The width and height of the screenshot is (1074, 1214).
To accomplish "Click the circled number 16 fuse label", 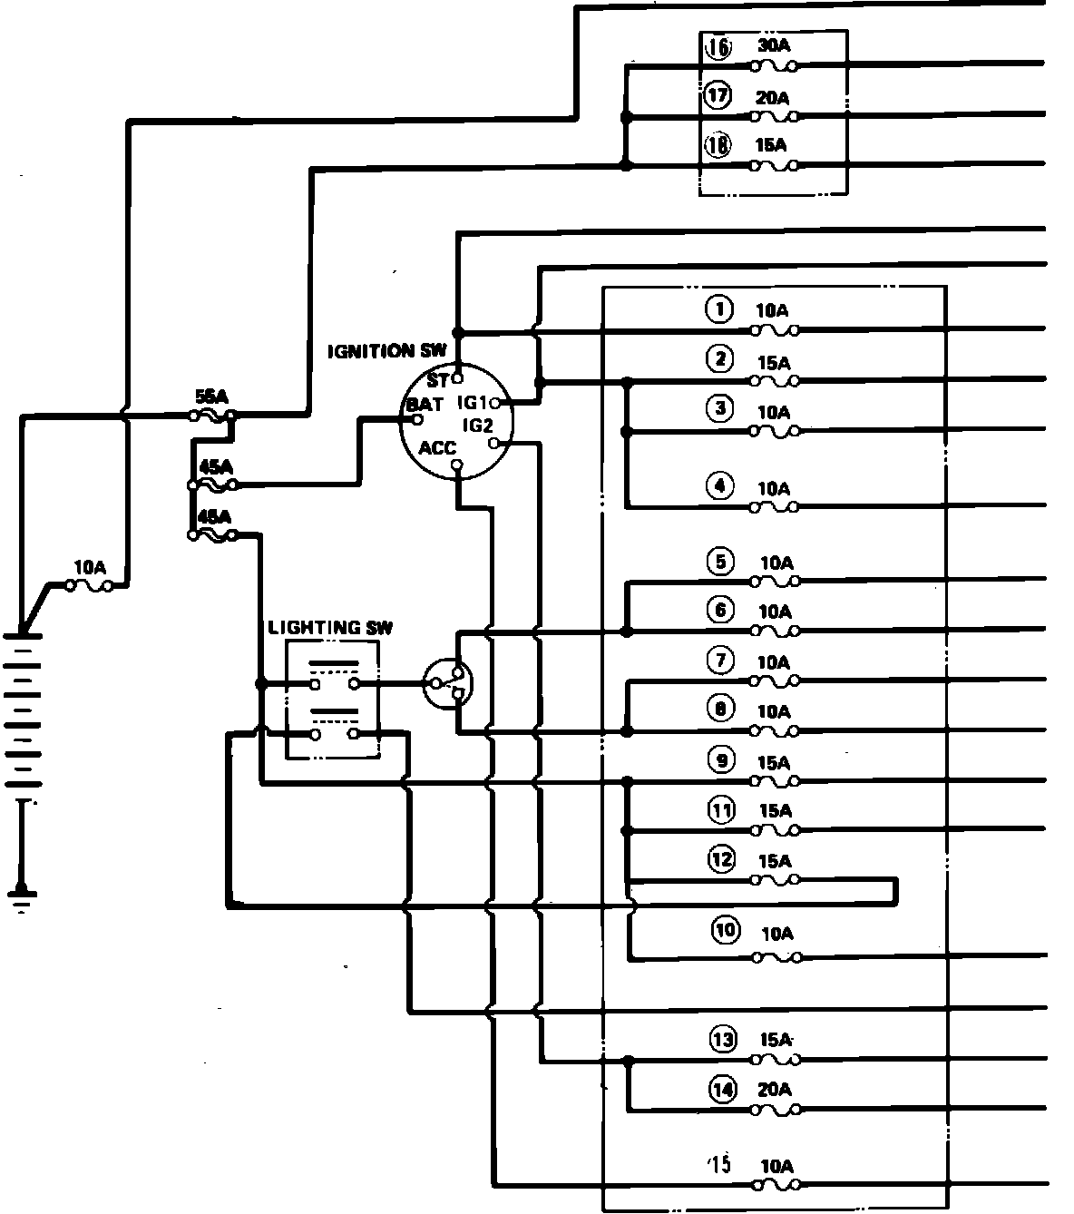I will coord(718,47).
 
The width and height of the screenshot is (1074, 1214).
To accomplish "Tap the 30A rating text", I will coord(773,45).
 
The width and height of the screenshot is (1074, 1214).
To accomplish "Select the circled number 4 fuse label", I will coord(720,486).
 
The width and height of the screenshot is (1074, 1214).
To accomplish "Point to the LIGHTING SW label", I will coord(331,628).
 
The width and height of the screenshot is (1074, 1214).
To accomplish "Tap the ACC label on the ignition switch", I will coord(437,448).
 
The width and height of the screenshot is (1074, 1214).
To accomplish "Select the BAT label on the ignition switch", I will coord(425,404).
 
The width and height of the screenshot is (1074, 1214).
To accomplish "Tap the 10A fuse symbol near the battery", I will coord(89,586).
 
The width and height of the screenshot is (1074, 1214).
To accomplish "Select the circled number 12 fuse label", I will coord(721,858).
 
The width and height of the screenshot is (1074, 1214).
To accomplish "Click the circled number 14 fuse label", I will coord(722,1090).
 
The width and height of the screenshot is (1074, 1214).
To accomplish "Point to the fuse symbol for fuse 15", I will coord(776,1184).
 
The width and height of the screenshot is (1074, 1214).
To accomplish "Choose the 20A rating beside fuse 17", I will coord(773,96).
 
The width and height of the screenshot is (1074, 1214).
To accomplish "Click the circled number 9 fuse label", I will coord(721,760).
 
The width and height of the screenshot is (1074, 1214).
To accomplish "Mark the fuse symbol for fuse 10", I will coord(776,956).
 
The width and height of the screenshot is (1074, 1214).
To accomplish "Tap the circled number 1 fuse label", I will coord(720,309).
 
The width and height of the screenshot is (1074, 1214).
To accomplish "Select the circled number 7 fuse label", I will coord(720,661).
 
